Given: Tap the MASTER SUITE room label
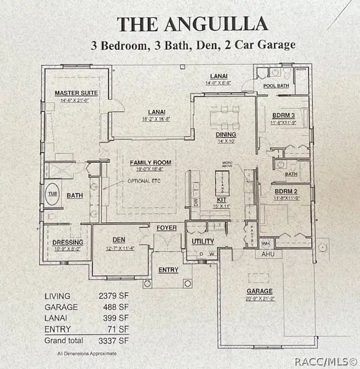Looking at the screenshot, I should pos(76,93).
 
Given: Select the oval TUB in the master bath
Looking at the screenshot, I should pos(54,194).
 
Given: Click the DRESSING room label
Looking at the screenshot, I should pos(68,242).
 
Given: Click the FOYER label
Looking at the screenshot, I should pos(166,228).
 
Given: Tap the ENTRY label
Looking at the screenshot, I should pos(168,270).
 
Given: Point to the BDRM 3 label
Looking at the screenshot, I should pos(283,115).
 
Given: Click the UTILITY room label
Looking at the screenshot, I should pos(203,241).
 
